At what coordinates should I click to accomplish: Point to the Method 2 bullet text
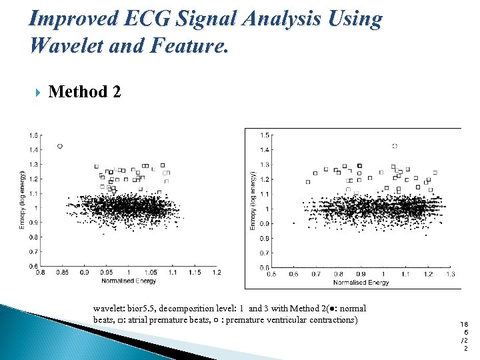(x=85, y=91)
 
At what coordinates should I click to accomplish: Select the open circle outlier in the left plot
(x=60, y=145)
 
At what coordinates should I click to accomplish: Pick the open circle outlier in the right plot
(x=395, y=145)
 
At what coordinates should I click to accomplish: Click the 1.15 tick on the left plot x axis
(x=194, y=273)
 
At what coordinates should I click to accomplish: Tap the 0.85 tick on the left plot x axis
(x=62, y=273)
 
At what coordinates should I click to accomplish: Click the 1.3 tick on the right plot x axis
(x=450, y=274)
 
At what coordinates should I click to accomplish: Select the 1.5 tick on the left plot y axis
(x=33, y=135)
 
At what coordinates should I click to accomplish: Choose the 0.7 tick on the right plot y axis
(x=264, y=253)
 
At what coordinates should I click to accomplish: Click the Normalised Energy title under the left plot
(x=129, y=281)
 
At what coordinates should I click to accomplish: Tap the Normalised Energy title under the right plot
(x=361, y=283)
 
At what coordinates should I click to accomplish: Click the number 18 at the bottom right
(x=464, y=324)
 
